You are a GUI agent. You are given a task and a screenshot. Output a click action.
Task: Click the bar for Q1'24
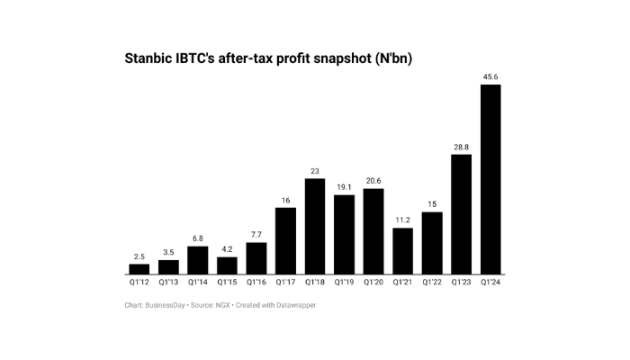[x=490, y=179]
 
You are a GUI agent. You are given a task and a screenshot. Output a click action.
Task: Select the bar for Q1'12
[x=139, y=269]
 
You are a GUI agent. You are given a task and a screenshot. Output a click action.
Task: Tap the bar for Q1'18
[x=315, y=226]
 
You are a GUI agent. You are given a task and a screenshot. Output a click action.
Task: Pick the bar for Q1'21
[x=403, y=251]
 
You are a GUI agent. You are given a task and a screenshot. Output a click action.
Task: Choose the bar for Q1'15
[x=227, y=265]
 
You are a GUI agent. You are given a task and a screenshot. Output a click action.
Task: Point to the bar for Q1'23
[x=462, y=214]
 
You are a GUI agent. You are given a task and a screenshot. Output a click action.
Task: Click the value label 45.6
[x=490, y=76]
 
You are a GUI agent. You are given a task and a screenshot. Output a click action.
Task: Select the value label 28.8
[x=462, y=146]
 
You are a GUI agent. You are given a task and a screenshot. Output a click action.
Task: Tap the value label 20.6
[x=373, y=180]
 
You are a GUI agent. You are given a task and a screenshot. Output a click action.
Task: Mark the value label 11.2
[x=403, y=219]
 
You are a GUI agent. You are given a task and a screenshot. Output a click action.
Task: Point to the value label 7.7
[x=256, y=234]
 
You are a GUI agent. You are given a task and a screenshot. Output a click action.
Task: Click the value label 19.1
[x=344, y=186]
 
